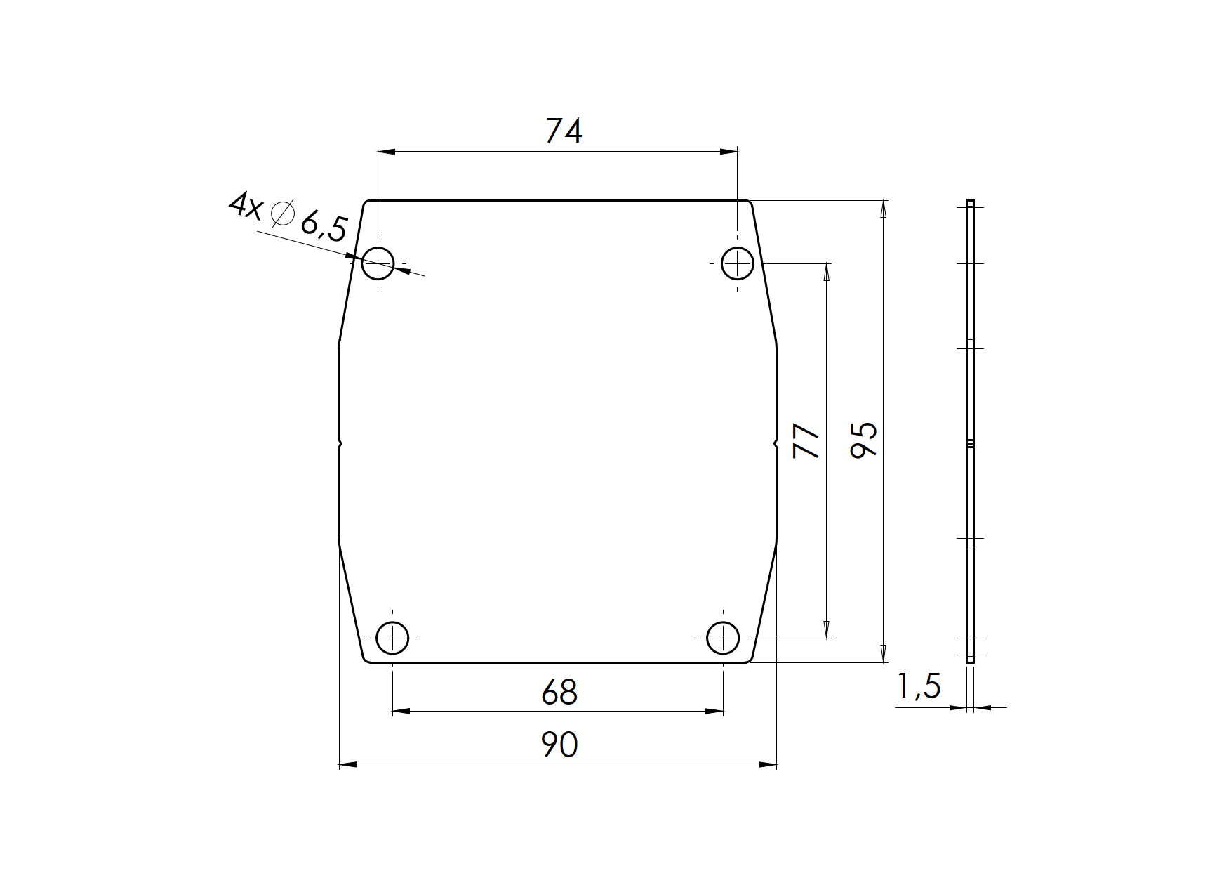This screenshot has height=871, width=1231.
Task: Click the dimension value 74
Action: point(564,131)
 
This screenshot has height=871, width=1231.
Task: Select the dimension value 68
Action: point(559,693)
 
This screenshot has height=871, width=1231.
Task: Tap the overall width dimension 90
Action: point(559,745)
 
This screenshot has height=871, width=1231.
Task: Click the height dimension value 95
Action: point(864,440)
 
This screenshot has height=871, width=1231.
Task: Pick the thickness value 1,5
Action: point(919,686)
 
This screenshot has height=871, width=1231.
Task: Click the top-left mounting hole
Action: point(378,264)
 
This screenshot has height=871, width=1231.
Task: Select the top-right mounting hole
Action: point(738,264)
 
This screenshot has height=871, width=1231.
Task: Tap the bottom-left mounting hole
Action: point(392,638)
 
